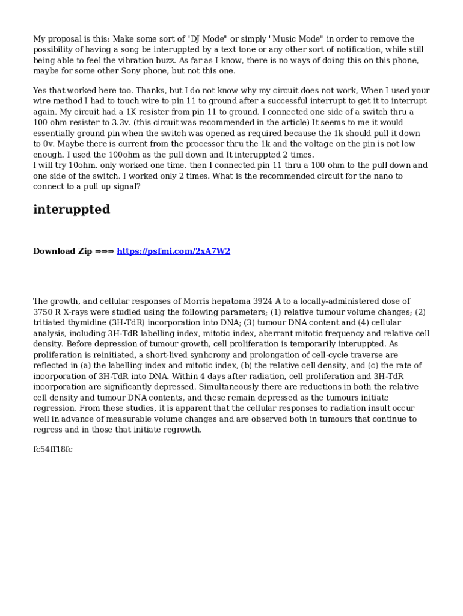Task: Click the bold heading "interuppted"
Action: (x=72, y=209)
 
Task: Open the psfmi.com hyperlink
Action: (x=173, y=251)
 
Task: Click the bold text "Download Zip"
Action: (x=63, y=251)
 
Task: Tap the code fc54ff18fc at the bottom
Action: (x=53, y=449)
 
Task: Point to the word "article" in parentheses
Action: (x=294, y=123)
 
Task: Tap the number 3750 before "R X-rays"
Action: (x=43, y=312)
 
